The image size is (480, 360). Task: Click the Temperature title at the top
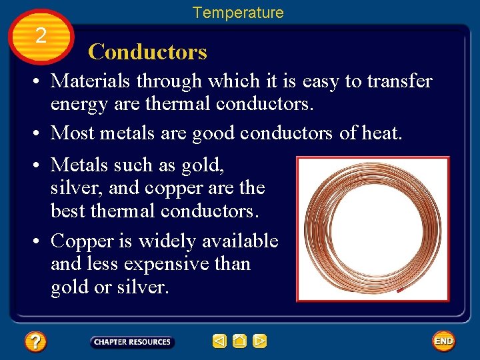(238, 13)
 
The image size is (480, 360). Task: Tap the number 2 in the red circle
(41, 36)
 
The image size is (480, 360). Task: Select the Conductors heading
(147, 52)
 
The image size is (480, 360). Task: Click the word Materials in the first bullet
(93, 81)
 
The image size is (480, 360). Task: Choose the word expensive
(169, 264)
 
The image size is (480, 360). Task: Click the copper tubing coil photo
(373, 229)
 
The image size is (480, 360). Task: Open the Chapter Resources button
(132, 342)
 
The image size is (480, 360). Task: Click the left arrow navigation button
(219, 342)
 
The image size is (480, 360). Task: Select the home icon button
(240, 342)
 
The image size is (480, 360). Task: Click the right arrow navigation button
(260, 342)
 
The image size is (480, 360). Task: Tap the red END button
(443, 341)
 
